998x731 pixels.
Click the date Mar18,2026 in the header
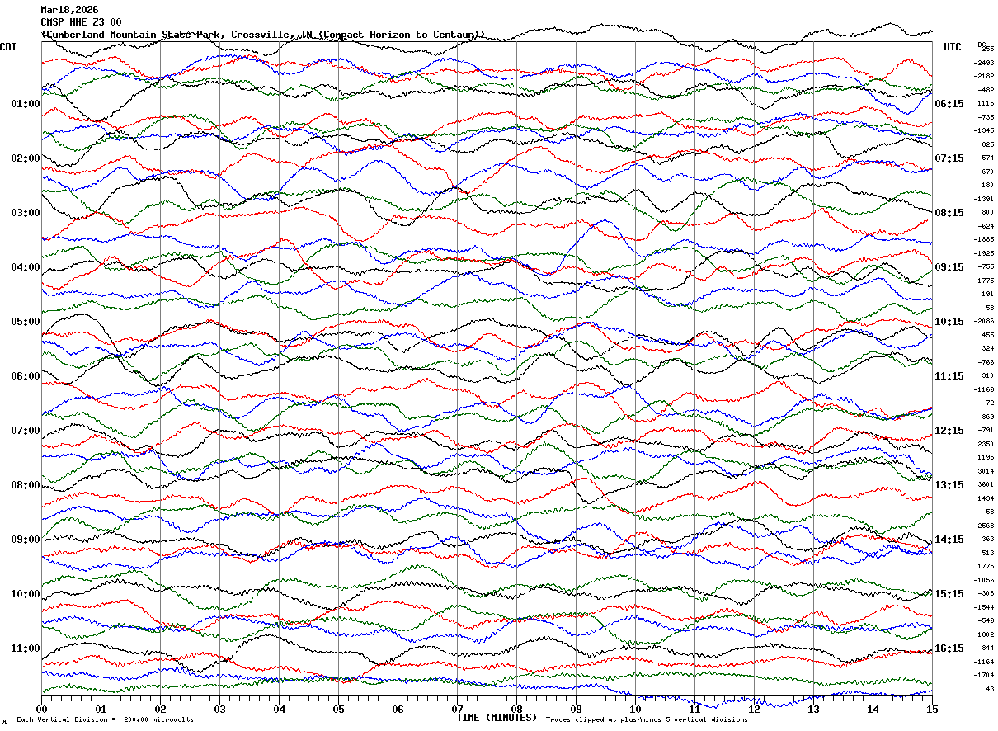(68, 10)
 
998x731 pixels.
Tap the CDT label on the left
(9, 47)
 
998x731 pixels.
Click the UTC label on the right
(953, 47)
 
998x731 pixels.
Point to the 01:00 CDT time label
(26, 104)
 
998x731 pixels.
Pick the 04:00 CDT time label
(26, 267)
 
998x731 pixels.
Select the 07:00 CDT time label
(26, 431)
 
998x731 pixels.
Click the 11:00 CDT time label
(26, 648)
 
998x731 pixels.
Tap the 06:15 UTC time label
(949, 104)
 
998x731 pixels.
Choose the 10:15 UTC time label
(949, 322)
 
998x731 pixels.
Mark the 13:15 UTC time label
(949, 485)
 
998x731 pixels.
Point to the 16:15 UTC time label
(949, 648)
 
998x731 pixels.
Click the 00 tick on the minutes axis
(42, 709)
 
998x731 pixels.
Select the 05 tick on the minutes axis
(338, 709)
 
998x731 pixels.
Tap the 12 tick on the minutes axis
(754, 709)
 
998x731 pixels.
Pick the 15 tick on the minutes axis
(932, 709)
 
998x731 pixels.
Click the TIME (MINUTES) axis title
(497, 718)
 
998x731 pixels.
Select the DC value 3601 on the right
(986, 484)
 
